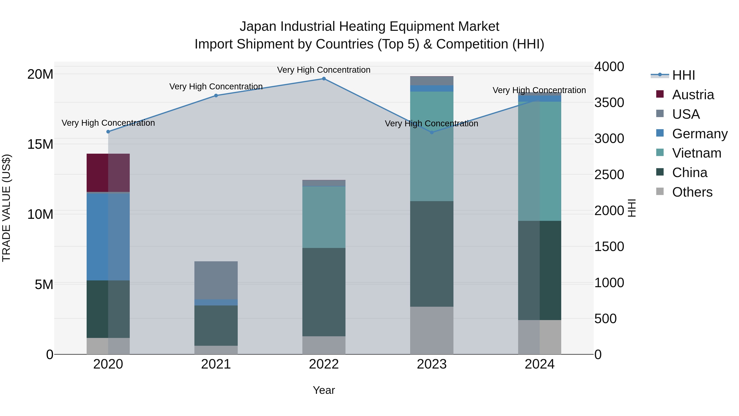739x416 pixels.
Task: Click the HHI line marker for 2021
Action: coord(216,96)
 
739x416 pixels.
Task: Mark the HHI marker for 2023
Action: coord(431,132)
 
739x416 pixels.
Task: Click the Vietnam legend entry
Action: coord(696,153)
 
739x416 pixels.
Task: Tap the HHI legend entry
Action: coord(683,75)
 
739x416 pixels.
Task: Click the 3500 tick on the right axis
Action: coord(609,103)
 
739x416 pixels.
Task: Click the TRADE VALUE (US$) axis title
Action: coord(6,208)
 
